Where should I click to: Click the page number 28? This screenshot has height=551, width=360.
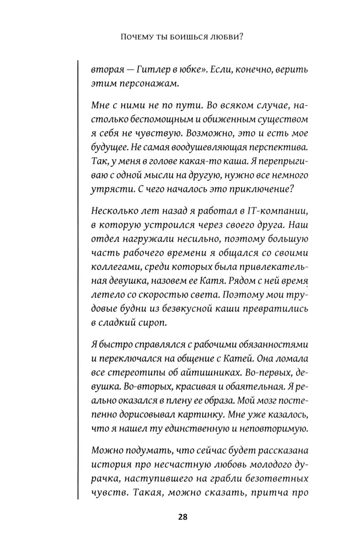coord(183,517)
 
